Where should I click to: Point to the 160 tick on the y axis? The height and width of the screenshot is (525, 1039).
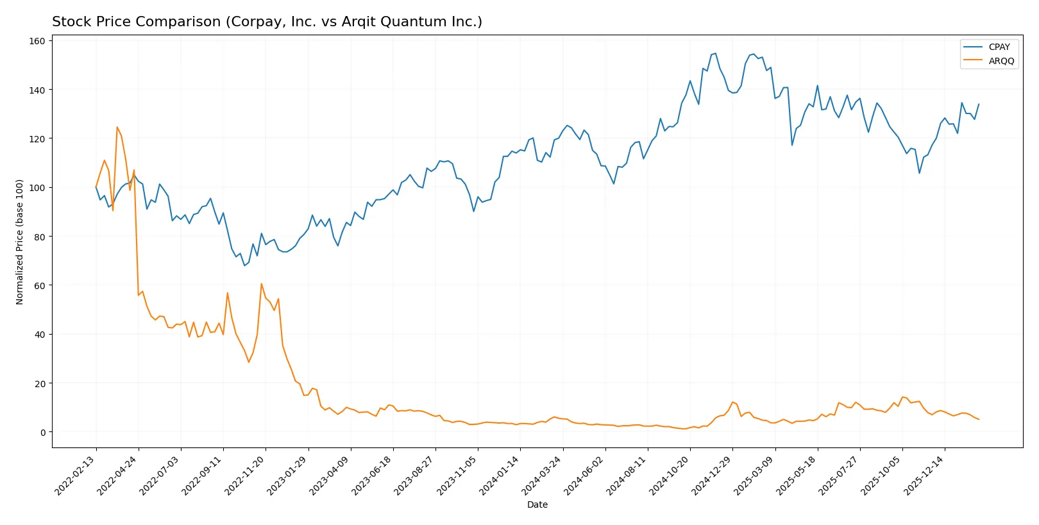point(37,41)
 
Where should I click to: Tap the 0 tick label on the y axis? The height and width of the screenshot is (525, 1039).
point(43,433)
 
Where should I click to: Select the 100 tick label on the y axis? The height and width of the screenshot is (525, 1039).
point(37,188)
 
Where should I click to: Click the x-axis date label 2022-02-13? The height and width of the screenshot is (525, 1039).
point(76,475)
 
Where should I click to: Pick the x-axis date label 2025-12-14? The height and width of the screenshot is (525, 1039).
point(924,475)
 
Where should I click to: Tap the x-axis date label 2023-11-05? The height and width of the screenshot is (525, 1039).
point(457,475)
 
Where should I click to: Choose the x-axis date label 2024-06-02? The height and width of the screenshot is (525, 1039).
point(584,475)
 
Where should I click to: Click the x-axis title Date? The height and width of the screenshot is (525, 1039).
point(537,504)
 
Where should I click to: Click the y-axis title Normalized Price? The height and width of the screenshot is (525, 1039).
point(20,242)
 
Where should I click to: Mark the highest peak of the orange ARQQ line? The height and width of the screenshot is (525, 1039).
point(117,127)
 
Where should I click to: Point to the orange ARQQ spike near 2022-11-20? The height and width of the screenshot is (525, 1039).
point(262,283)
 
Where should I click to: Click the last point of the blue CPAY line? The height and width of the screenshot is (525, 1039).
point(979,104)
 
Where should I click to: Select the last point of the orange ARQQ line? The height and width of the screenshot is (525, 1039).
point(979,419)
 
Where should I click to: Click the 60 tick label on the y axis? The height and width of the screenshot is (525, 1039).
point(40,286)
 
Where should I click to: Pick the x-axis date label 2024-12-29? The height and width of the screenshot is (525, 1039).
point(712,475)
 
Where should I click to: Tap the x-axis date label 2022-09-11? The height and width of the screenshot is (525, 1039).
point(203,475)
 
